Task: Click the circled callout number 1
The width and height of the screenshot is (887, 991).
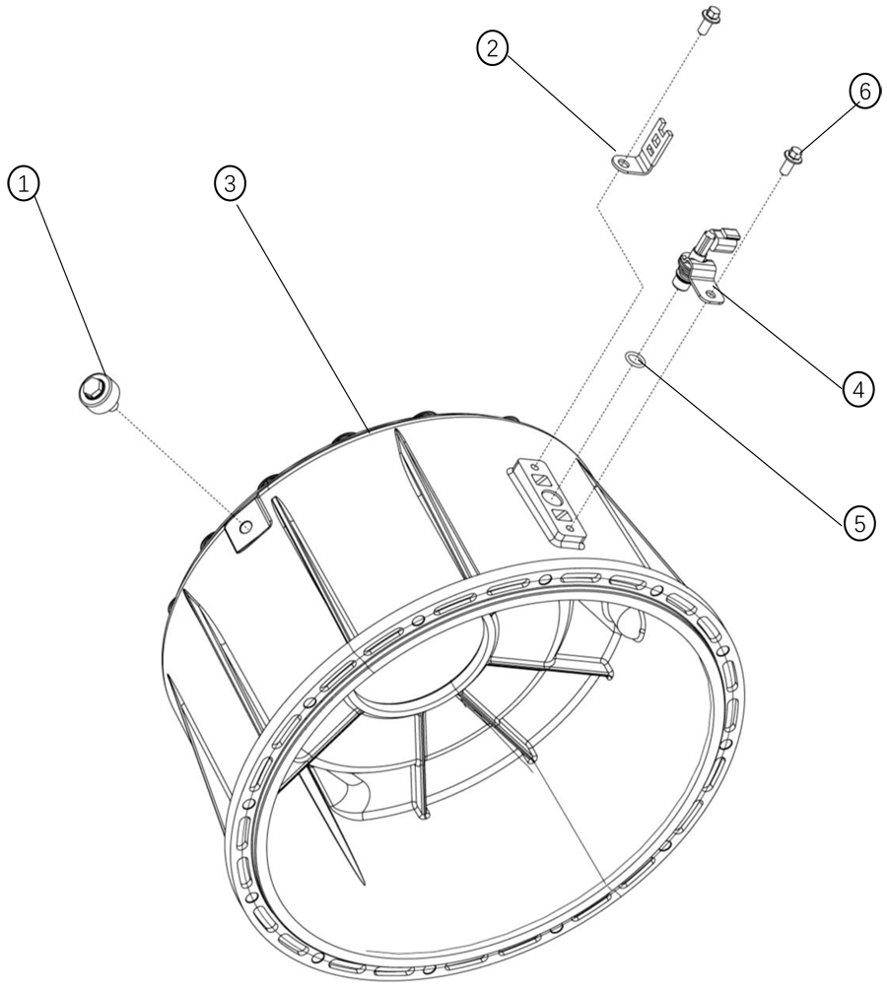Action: tap(24, 184)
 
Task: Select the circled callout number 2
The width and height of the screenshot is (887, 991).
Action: tap(494, 48)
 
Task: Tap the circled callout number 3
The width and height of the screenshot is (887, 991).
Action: tap(230, 184)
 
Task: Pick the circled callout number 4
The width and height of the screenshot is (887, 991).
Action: tap(857, 389)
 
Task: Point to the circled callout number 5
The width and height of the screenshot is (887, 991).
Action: tap(858, 523)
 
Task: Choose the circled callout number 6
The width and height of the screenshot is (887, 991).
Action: tap(864, 93)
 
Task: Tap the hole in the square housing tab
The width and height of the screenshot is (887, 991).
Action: tap(246, 525)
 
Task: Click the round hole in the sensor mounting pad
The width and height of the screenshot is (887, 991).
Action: tap(550, 496)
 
